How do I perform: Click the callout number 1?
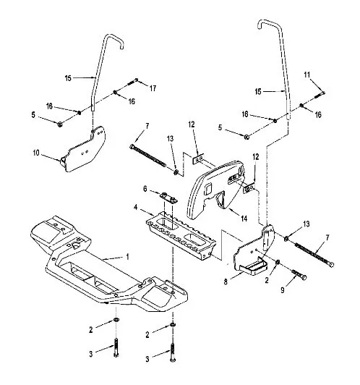click(x=127, y=257)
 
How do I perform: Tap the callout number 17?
click(x=153, y=88)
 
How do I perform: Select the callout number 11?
click(x=307, y=75)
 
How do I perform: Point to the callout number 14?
click(x=244, y=219)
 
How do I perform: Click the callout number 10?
click(x=36, y=153)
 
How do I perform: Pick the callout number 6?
click(x=145, y=189)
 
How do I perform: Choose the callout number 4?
click(x=135, y=208)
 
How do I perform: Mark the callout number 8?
click(x=226, y=282)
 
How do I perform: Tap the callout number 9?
click(x=283, y=290)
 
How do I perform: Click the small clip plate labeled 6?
click(x=168, y=198)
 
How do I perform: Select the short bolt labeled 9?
click(x=299, y=274)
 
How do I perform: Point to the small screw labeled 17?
click(x=133, y=81)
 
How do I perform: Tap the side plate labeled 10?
click(x=83, y=151)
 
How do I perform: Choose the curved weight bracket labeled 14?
click(x=216, y=188)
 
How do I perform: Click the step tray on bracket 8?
click(x=255, y=267)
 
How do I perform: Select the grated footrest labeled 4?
click(x=181, y=235)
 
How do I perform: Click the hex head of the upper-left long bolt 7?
click(x=132, y=147)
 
